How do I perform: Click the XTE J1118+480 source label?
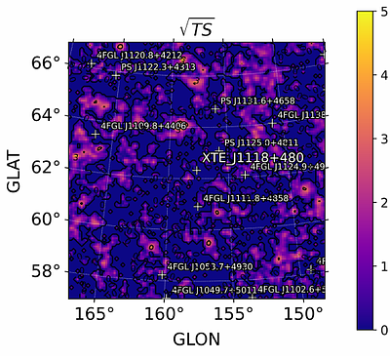click(x=253, y=157)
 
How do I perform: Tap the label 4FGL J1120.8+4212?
click(x=139, y=56)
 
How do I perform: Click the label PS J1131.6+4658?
click(x=257, y=101)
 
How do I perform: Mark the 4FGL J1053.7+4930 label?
click(x=210, y=266)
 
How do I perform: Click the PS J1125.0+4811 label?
click(x=261, y=143)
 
